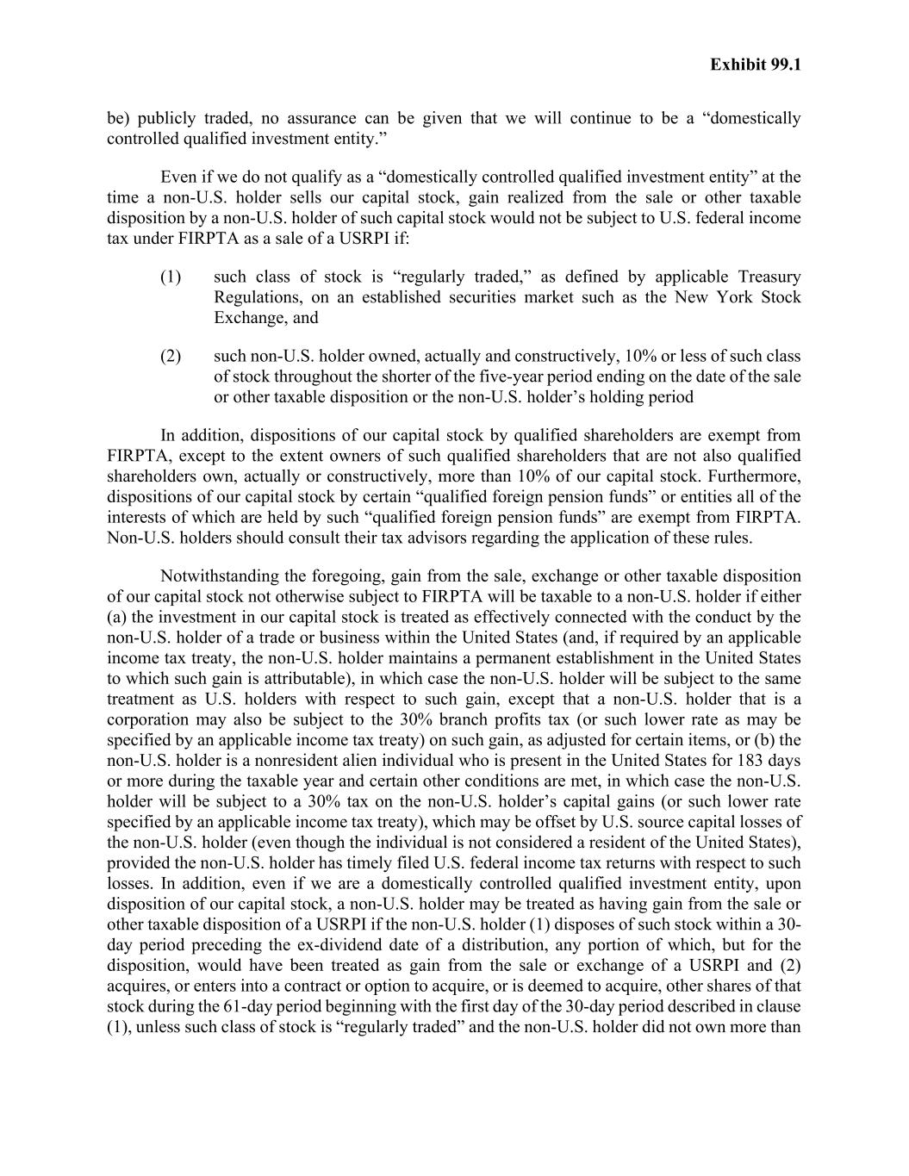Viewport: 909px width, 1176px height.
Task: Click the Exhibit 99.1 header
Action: (756, 65)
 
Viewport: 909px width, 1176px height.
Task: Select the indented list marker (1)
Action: (171, 277)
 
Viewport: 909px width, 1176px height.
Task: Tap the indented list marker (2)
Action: (171, 356)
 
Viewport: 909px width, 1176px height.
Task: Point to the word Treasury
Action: (769, 277)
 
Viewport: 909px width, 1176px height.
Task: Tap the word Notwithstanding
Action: (221, 576)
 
